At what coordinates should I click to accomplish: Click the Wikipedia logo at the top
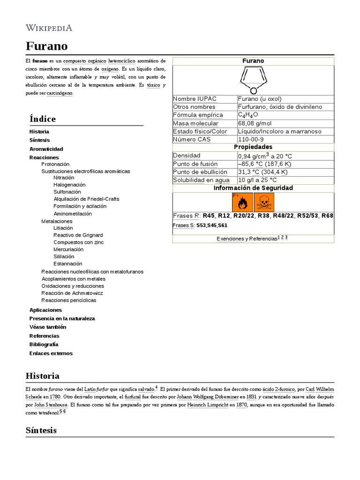[x=49, y=28]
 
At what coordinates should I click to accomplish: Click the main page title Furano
[x=46, y=46]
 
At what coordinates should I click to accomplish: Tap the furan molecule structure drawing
[x=253, y=80]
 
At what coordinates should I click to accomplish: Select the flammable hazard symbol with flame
[x=242, y=202]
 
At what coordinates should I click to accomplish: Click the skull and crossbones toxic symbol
[x=264, y=202]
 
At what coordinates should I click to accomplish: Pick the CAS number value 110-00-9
[x=251, y=139]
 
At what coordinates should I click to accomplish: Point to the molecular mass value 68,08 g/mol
[x=255, y=123]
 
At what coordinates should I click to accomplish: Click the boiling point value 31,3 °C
[x=263, y=172]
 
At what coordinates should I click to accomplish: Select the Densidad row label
[x=187, y=156]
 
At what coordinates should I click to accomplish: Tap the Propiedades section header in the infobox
[x=253, y=147]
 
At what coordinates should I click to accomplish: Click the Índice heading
[x=43, y=119]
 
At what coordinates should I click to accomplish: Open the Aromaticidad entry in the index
[x=46, y=149]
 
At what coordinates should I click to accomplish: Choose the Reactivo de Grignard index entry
[x=78, y=235]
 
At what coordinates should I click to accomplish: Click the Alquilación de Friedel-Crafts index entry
[x=86, y=199]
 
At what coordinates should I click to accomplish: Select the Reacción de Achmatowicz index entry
[x=73, y=293]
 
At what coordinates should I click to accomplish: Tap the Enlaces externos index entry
[x=51, y=353]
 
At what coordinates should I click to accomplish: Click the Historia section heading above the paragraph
[x=43, y=376]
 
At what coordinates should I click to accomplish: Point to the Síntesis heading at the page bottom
[x=41, y=430]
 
